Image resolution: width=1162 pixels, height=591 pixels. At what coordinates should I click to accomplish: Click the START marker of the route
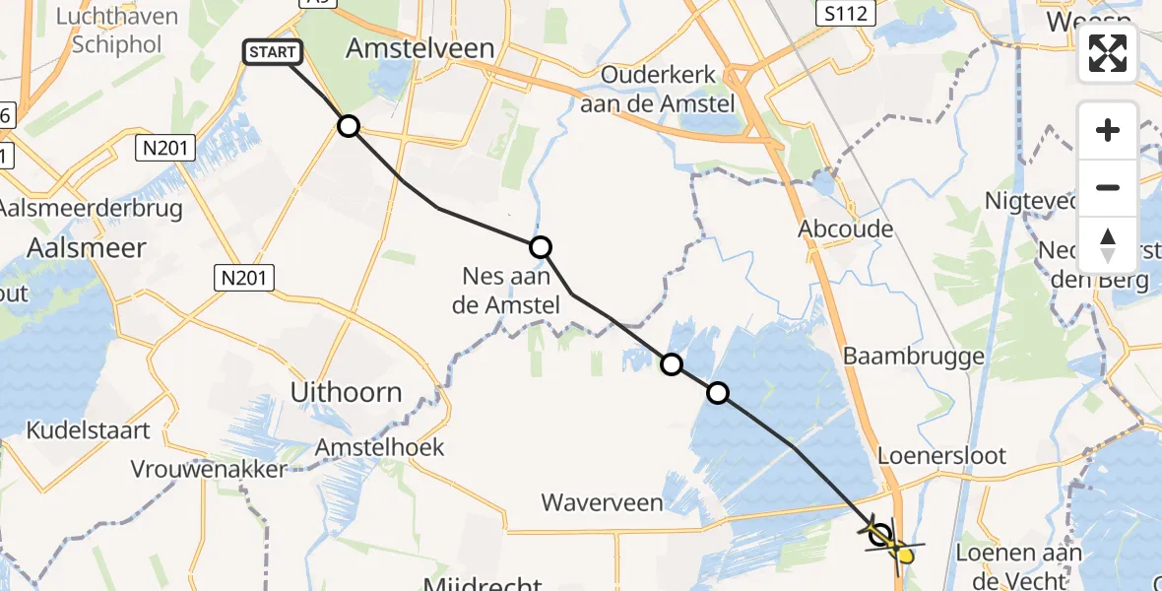click(268, 52)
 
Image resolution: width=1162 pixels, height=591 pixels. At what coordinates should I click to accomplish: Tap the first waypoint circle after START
click(349, 126)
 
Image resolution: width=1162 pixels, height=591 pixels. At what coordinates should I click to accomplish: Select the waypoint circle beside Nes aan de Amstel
click(541, 247)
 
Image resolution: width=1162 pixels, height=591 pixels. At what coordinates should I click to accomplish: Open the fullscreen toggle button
click(1108, 53)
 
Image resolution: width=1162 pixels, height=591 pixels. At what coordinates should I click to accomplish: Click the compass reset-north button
click(1108, 244)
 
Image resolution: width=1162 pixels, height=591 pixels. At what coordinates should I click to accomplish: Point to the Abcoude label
click(846, 229)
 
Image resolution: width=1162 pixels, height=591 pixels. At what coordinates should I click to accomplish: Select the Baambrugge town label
click(914, 356)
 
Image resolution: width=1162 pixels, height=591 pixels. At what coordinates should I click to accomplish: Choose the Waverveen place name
click(603, 502)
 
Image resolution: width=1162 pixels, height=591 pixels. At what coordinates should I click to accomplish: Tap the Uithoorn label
click(346, 392)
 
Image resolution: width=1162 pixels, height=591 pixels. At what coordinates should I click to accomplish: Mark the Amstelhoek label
click(379, 447)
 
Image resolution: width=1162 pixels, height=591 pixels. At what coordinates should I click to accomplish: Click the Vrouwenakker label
click(208, 469)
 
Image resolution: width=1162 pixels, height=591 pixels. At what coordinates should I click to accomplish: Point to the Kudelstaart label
click(89, 430)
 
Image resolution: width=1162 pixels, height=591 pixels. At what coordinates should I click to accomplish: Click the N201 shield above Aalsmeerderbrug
click(165, 149)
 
